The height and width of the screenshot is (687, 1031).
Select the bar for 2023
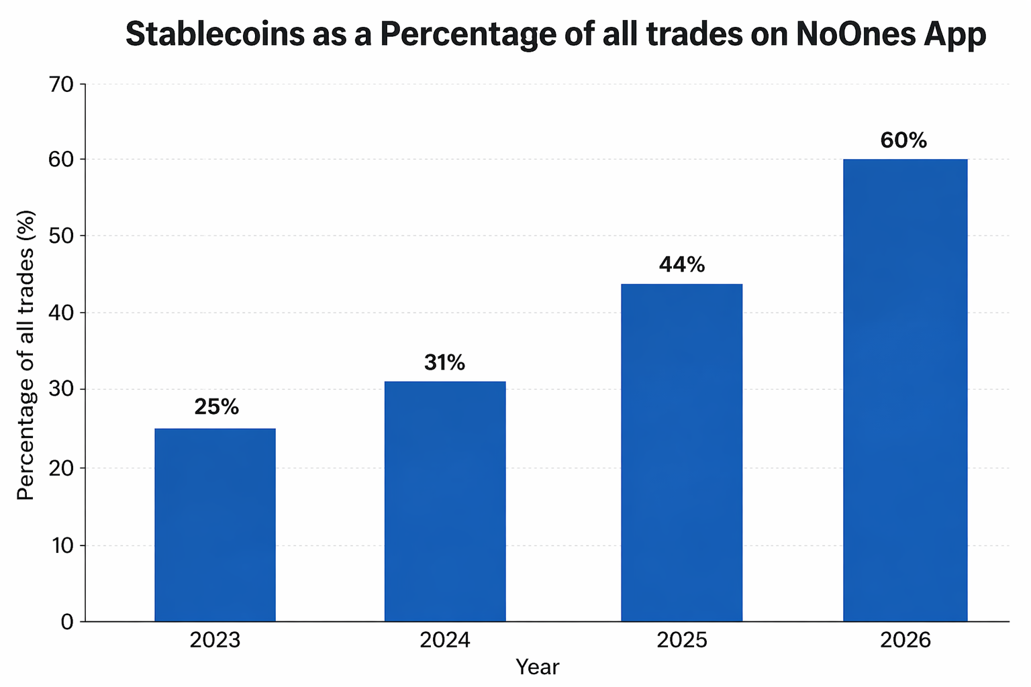tap(215, 525)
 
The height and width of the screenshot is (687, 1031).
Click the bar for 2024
tap(445, 501)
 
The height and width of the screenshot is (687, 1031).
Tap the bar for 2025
tap(681, 453)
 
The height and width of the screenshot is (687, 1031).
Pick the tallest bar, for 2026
tap(905, 390)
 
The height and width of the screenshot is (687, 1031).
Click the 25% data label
tap(216, 407)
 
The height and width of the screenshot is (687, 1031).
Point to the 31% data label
tap(444, 363)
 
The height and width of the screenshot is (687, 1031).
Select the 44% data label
tap(682, 265)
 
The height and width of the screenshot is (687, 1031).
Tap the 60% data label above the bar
tap(903, 140)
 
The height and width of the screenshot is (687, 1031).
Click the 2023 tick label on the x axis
tap(215, 640)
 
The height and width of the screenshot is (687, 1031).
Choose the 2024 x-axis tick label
tap(445, 640)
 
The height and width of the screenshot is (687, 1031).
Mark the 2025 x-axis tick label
tap(682, 640)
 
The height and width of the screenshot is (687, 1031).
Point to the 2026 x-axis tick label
tap(905, 640)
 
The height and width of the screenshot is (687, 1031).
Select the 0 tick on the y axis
tap(66, 622)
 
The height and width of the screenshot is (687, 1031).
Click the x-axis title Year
tap(537, 668)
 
